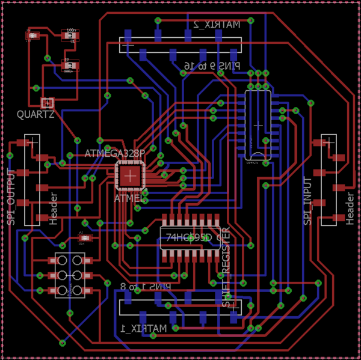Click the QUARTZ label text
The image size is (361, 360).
click(35, 114)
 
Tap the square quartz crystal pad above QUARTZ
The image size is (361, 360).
click(47, 103)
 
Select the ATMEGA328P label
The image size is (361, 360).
click(115, 154)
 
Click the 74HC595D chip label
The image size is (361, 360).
click(191, 237)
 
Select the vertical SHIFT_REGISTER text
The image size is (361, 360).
click(227, 267)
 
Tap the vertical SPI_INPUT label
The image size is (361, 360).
click(308, 201)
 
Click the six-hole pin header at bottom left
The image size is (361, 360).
click(70, 276)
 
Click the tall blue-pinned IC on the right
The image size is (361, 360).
click(258, 125)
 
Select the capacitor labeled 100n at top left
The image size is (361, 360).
click(70, 36)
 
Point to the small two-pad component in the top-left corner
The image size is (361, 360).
click(32, 36)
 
